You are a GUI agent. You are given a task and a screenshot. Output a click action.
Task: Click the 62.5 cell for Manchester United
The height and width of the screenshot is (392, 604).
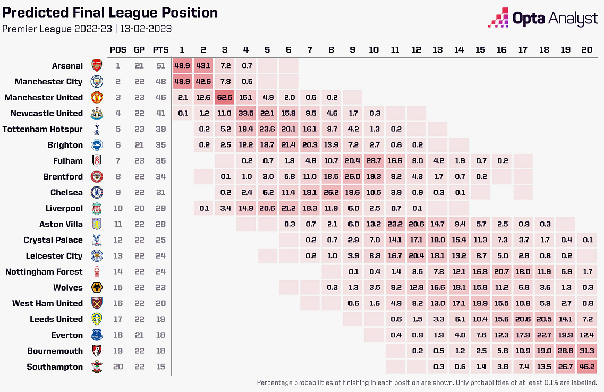tap(225, 97)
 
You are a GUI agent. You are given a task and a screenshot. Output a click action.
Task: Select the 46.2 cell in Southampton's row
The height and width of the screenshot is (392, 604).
tap(586, 367)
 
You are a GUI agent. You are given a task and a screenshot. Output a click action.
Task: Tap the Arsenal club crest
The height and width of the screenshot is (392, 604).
tap(96, 66)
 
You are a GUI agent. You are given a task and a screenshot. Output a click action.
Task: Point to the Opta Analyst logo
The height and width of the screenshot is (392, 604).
tap(543, 19)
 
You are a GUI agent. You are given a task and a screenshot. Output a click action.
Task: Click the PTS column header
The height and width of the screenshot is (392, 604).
tap(160, 50)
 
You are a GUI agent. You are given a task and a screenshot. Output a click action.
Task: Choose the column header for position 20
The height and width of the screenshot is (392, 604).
tap(586, 50)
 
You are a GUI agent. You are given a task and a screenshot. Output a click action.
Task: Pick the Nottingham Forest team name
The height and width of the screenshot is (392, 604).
tap(44, 271)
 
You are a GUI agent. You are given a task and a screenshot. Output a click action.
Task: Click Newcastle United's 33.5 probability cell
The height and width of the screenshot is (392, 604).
tap(246, 113)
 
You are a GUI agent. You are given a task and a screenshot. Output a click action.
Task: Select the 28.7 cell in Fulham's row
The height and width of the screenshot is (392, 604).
tap(374, 160)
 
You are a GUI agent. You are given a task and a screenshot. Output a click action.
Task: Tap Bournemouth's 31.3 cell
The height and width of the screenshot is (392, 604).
tap(586, 351)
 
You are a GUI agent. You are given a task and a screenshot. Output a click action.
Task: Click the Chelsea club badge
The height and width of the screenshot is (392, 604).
tap(96, 192)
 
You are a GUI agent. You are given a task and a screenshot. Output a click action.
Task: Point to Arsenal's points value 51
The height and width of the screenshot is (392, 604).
tap(160, 66)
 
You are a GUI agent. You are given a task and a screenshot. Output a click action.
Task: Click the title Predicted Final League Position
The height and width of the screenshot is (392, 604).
tap(110, 13)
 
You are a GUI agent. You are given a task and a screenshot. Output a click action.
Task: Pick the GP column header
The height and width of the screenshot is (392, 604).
tap(139, 50)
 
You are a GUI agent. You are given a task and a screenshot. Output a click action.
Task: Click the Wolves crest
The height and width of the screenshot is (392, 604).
tap(96, 287)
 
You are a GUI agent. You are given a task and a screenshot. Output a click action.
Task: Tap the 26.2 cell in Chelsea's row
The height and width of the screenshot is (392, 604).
tap(331, 192)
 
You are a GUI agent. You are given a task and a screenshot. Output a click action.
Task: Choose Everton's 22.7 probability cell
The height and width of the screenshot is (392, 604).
tap(544, 335)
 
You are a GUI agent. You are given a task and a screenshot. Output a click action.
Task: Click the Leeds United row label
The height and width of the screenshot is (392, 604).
tap(56, 319)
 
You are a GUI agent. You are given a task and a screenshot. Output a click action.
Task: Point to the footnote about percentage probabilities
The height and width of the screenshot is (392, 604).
tap(427, 382)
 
